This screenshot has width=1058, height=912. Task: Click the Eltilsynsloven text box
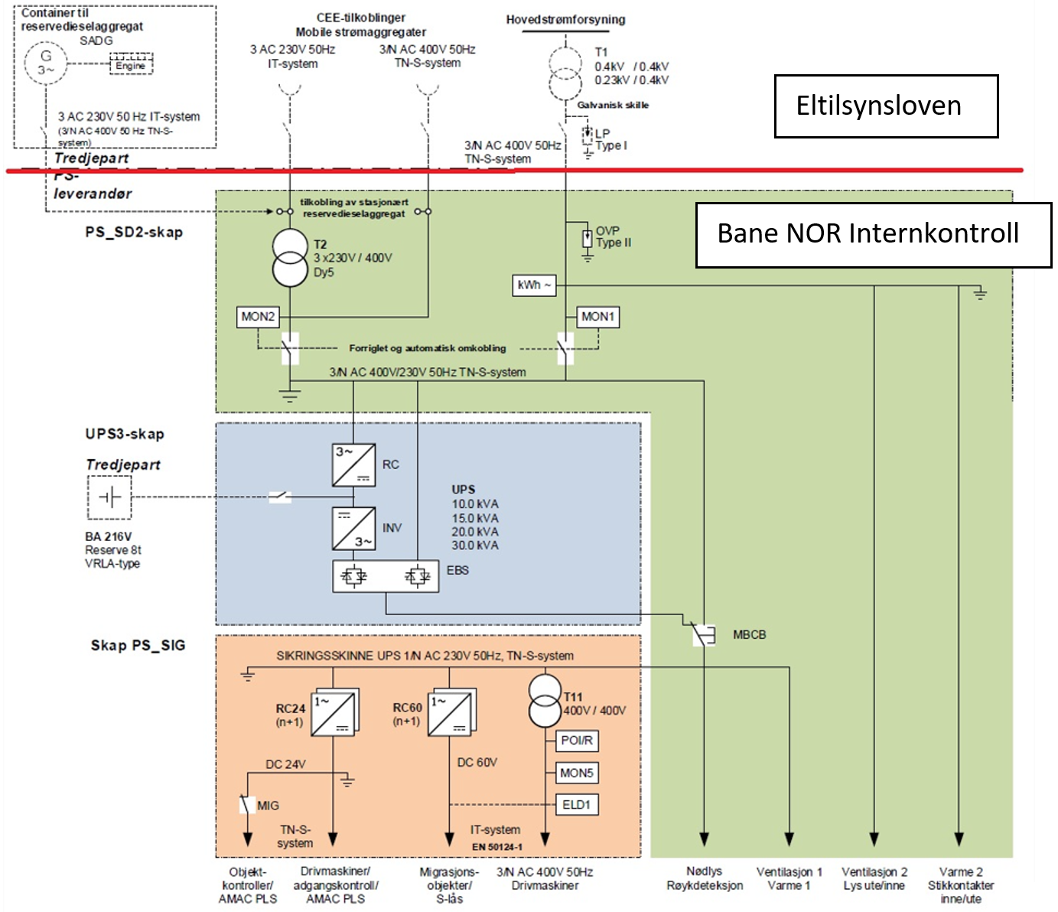(886, 106)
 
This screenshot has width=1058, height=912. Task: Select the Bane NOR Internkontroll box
(873, 235)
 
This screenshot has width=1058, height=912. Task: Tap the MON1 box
(597, 317)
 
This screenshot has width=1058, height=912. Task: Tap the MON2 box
(258, 317)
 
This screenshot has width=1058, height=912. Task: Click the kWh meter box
(534, 285)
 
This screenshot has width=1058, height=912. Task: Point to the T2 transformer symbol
(290, 259)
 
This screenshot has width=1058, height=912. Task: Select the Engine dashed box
(131, 64)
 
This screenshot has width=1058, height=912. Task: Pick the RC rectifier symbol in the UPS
(353, 465)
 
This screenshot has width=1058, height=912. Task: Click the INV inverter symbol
(353, 528)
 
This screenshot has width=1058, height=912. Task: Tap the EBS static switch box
(386, 576)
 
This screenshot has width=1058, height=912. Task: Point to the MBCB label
(749, 635)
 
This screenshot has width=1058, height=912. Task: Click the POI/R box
(576, 741)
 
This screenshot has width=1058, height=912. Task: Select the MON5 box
(576, 773)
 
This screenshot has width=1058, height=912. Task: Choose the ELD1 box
(576, 805)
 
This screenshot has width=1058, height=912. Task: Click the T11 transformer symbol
(545, 702)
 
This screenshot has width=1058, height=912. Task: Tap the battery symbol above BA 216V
(109, 498)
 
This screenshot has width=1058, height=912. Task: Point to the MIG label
(268, 806)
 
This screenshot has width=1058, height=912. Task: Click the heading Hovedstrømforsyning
(565, 20)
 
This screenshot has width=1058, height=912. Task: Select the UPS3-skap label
(125, 435)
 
